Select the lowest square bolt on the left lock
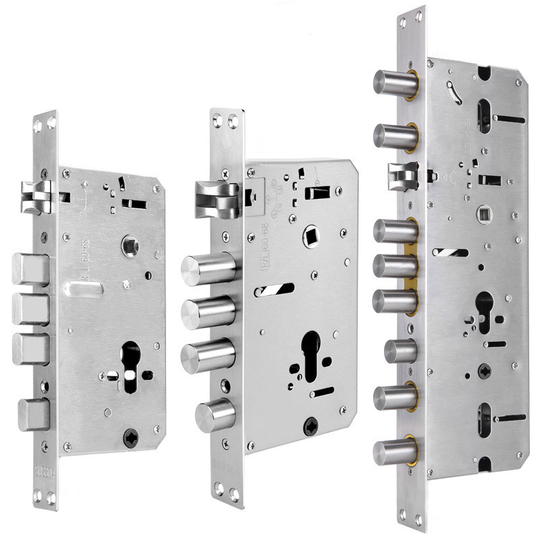click(x=34, y=411)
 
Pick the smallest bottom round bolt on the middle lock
click(x=215, y=414)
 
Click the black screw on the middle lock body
click(x=310, y=427)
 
